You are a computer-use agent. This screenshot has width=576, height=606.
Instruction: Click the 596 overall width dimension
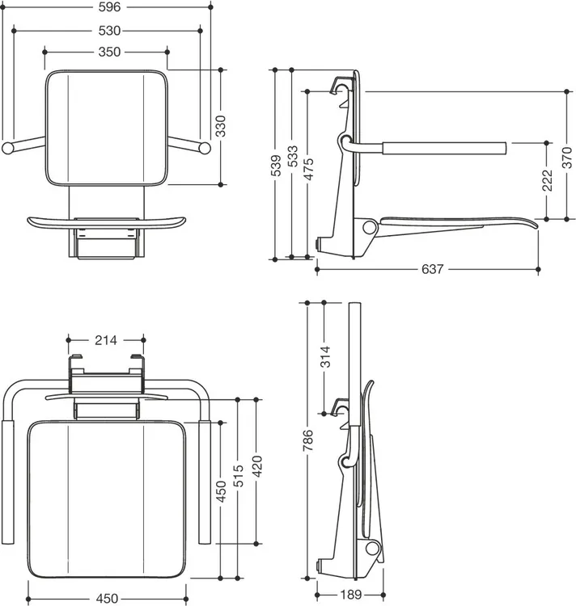coord(109,7)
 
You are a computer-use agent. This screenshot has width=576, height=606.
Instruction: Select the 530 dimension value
coord(109,31)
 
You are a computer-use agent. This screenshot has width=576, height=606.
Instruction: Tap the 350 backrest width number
coord(109,52)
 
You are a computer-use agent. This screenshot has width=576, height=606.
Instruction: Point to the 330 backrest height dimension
coord(221,126)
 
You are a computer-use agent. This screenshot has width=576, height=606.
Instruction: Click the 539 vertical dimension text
coord(275,166)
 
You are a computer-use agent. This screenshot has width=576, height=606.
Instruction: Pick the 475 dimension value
coord(308,170)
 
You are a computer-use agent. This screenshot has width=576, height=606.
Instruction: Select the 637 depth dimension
coord(432,269)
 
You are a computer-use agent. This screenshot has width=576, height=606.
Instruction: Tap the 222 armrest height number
coord(547,180)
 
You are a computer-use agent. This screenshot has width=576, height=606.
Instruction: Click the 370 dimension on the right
coord(567,158)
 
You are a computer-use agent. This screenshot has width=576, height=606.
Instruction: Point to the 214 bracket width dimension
coord(106,340)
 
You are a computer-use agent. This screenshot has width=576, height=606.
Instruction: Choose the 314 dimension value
coord(325,356)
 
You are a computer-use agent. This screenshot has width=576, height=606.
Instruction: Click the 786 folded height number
coord(308,440)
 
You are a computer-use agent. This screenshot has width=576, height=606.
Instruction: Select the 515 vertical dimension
coord(239,476)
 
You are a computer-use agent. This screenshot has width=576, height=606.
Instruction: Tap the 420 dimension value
coord(256,466)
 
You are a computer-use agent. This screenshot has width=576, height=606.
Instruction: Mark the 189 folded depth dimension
coord(350,595)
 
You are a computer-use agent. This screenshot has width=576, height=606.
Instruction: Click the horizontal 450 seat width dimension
coord(107,599)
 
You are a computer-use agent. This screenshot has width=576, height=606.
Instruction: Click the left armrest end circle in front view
coord(7,149)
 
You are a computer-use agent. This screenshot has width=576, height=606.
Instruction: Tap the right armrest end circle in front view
coord(205,149)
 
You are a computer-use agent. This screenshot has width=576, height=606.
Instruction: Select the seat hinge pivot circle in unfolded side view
coord(370,227)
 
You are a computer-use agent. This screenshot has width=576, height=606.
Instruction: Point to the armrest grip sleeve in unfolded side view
coord(444,149)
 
